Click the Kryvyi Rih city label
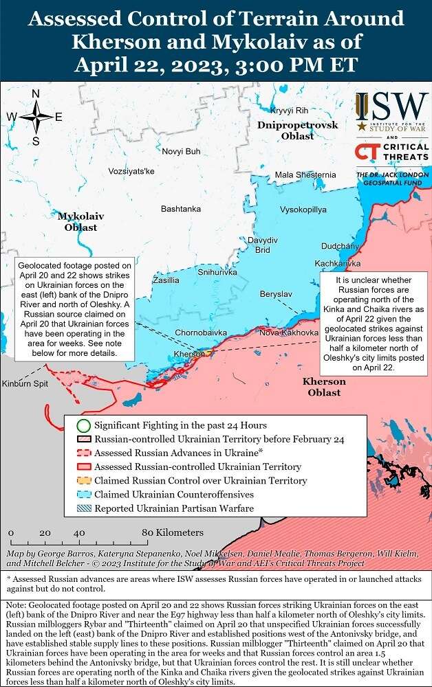click(289, 111)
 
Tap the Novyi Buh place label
click(181, 151)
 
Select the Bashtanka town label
click(181, 208)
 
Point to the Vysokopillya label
click(303, 209)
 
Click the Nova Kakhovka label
click(290, 333)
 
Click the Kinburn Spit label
click(25, 383)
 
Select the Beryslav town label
click(276, 294)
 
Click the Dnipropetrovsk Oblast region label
click(298, 131)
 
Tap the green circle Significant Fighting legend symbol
click(83, 425)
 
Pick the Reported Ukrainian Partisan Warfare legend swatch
click(83, 508)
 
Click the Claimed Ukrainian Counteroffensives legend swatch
click(83, 495)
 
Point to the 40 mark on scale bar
click(79, 532)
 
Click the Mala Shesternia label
click(305, 174)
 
